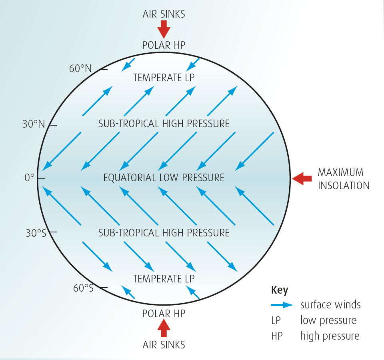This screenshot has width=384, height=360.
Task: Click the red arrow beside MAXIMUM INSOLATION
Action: [302, 178]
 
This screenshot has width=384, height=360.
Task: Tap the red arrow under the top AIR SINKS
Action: [164, 29]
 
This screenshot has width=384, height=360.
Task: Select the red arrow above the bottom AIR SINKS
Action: [164, 328]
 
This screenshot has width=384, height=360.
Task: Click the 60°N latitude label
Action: [80, 69]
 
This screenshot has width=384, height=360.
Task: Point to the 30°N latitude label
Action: [34, 124]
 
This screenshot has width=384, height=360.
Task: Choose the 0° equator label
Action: [30, 178]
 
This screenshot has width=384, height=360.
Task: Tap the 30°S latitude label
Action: [36, 233]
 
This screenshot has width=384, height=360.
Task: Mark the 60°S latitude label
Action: [83, 288]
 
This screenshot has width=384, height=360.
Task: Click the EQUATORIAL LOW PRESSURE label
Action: [164, 178]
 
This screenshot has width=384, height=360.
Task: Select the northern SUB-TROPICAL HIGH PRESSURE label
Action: [164, 124]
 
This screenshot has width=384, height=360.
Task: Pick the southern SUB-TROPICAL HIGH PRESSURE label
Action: [164, 233]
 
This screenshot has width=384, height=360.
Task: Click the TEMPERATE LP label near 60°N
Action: [164, 78]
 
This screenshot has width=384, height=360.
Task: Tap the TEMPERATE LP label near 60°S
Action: [164, 278]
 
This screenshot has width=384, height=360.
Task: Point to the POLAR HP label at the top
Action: [164, 45]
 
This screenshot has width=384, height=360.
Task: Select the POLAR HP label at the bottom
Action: [164, 314]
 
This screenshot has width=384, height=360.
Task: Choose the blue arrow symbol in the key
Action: [282, 305]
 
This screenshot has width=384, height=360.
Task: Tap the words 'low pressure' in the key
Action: [328, 320]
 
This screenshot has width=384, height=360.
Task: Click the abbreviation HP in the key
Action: [277, 336]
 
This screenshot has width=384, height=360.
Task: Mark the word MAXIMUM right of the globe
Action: [341, 172]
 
